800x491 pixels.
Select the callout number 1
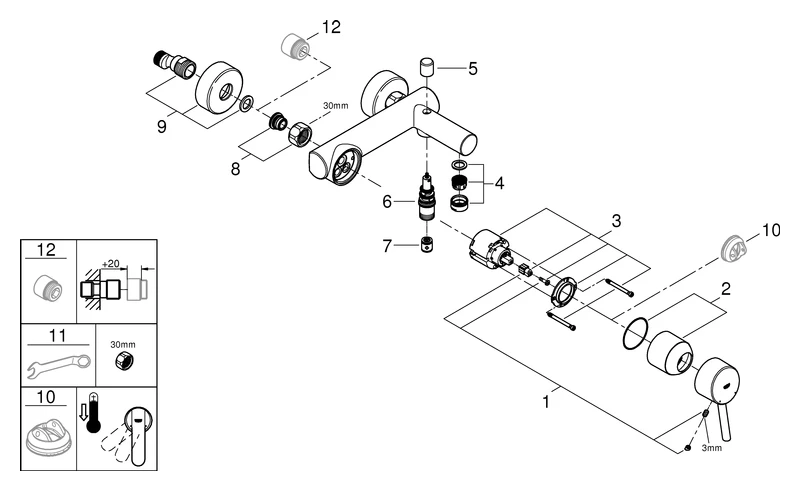[x=546, y=403]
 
